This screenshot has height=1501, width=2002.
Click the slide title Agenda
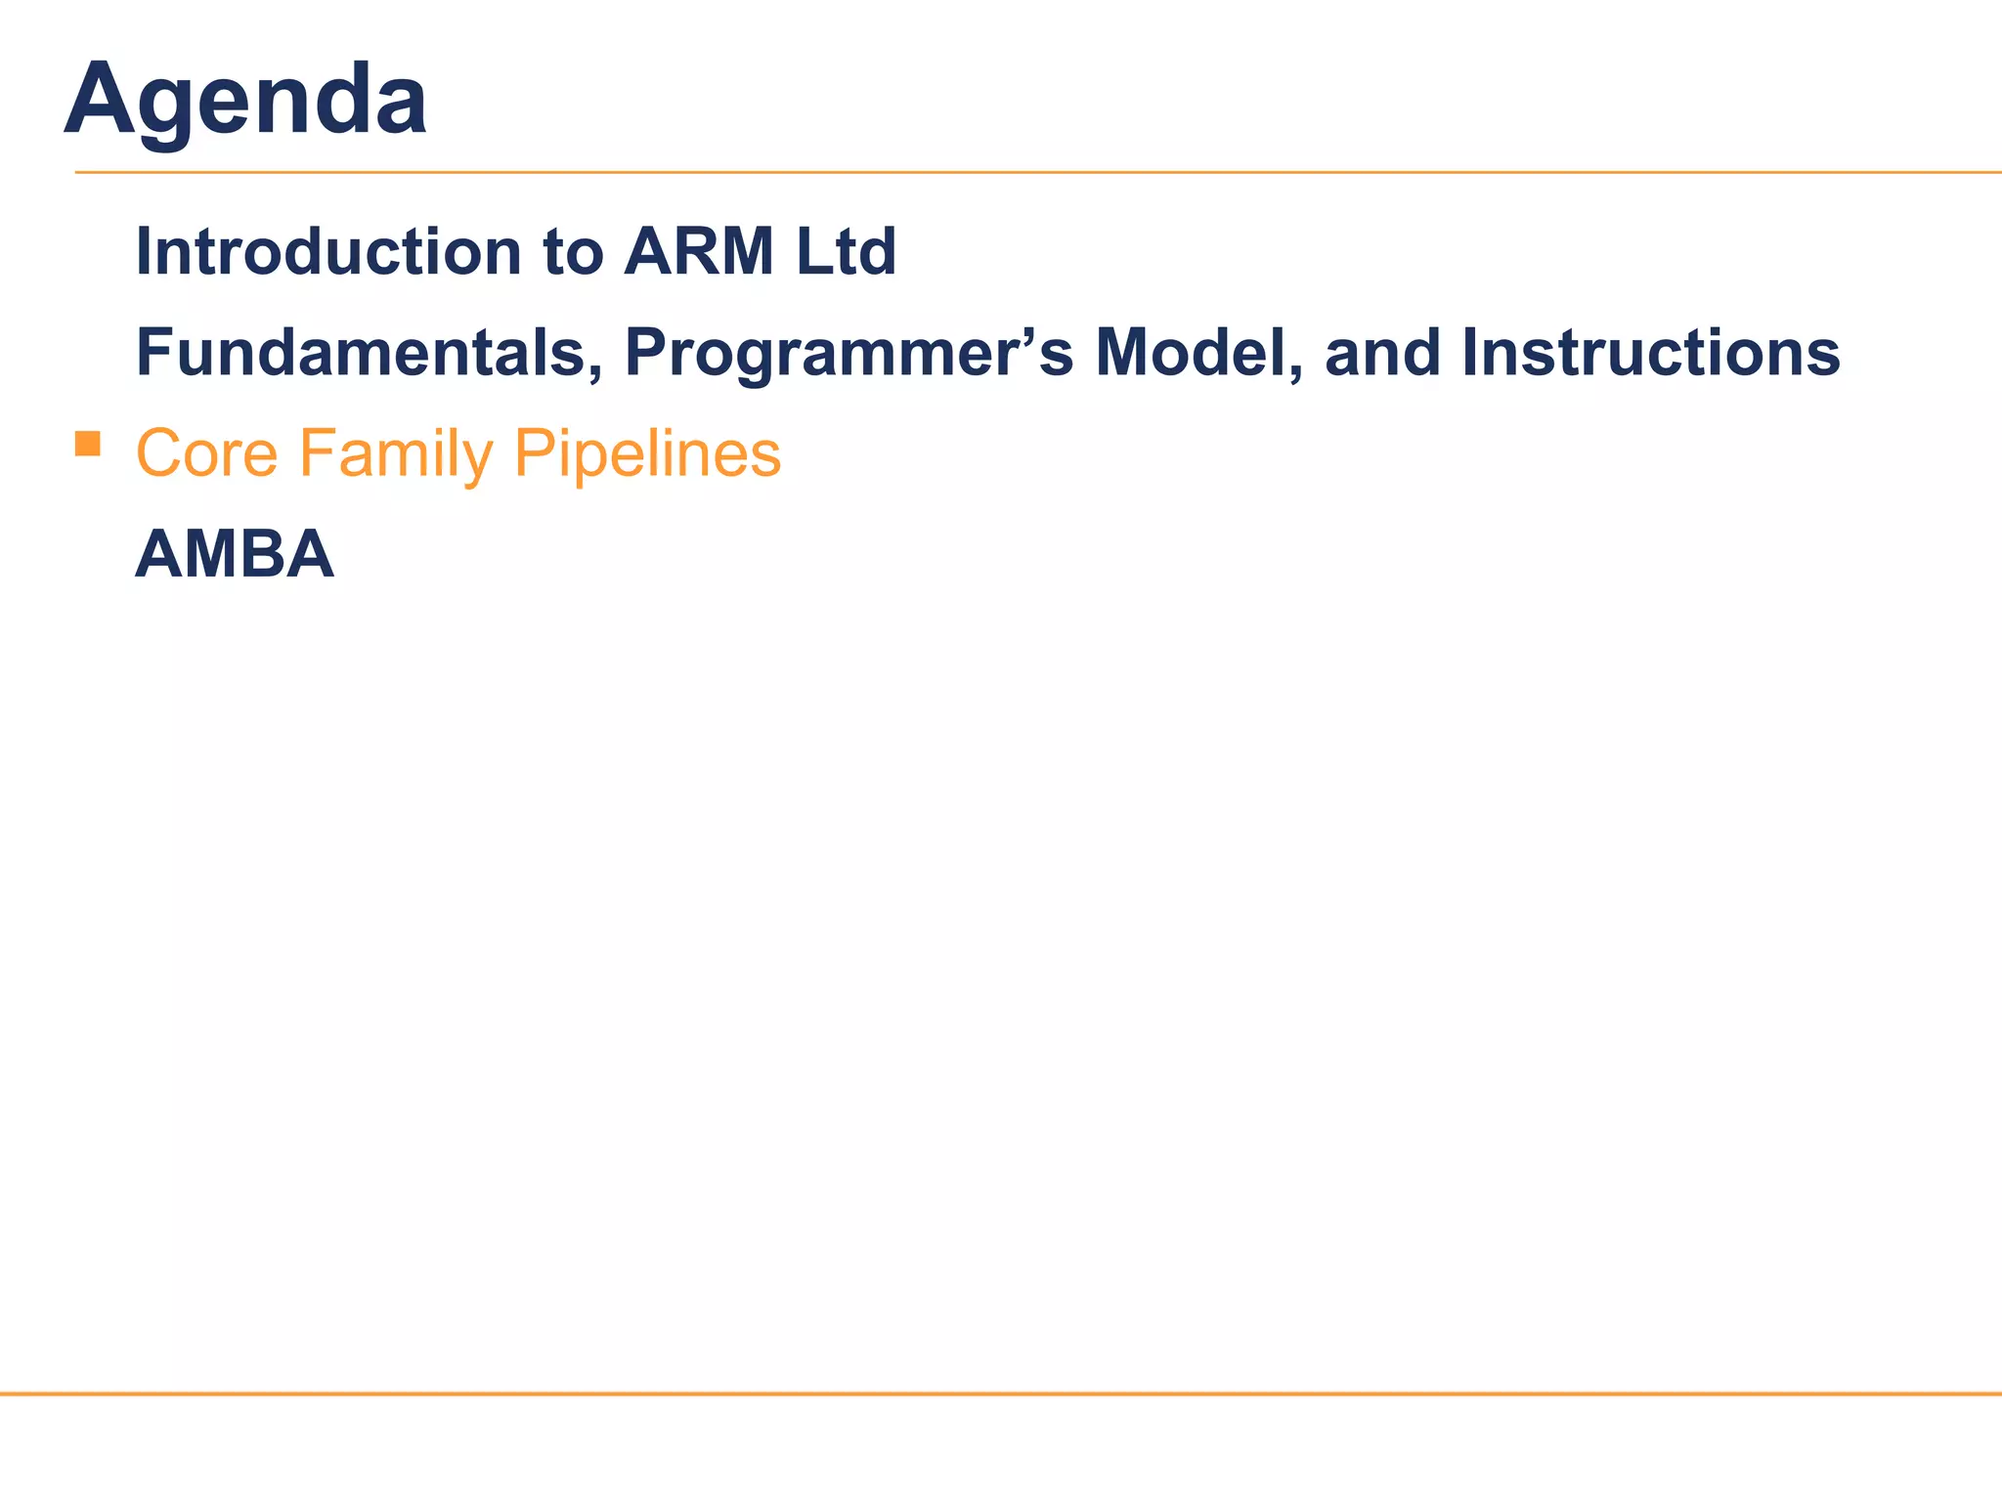(x=245, y=101)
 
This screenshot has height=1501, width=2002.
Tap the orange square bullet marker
(x=88, y=445)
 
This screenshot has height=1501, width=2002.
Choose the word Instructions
(x=1651, y=353)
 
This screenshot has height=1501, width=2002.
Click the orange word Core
(x=206, y=453)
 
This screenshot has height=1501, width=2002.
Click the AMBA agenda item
(x=235, y=554)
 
